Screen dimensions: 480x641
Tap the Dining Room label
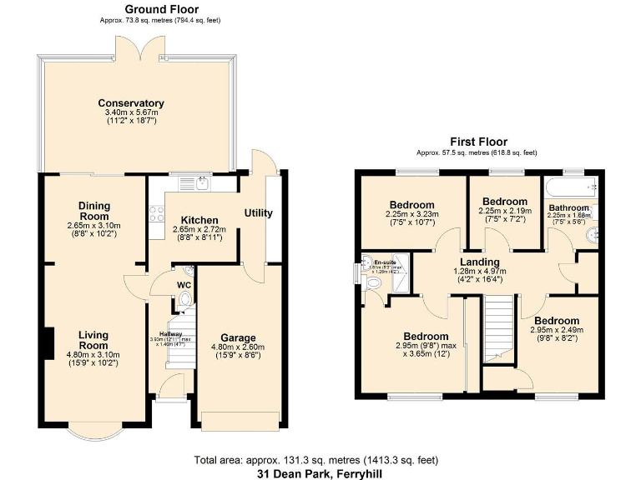(x=94, y=211)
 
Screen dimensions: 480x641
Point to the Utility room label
(x=258, y=212)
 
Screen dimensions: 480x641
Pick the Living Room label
(x=93, y=340)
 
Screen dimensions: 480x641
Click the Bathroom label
(x=568, y=207)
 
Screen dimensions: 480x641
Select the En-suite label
(x=384, y=262)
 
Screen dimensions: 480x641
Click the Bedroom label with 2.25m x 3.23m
(x=411, y=205)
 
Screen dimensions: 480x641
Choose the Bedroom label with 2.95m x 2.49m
(x=557, y=321)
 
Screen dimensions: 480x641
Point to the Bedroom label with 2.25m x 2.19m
(x=505, y=202)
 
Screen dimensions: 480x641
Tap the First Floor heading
(x=478, y=142)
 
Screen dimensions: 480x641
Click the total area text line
(x=314, y=459)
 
